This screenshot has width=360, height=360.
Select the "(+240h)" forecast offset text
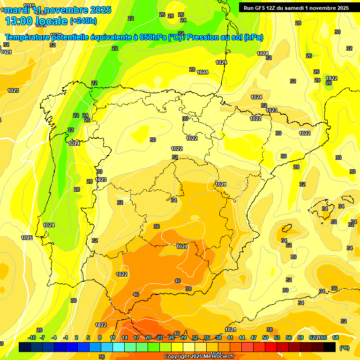click(x=83, y=21)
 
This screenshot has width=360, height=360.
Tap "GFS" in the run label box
click(x=260, y=8)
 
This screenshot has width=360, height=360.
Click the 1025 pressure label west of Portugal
click(x=27, y=238)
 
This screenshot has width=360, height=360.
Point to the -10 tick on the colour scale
click(x=32, y=337)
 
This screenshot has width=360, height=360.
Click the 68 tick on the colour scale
click(x=336, y=337)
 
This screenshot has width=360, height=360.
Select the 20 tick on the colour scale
click(x=148, y=337)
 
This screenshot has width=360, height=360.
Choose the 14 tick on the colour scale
click(x=125, y=337)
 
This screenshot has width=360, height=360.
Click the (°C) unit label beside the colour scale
click(x=344, y=348)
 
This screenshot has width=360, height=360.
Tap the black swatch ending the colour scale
click(x=330, y=347)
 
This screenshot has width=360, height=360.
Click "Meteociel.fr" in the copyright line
click(x=215, y=357)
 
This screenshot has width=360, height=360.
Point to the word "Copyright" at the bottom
click(x=176, y=357)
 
